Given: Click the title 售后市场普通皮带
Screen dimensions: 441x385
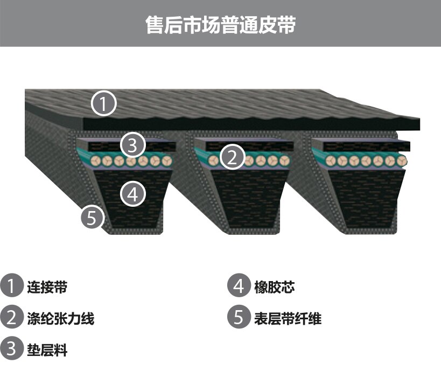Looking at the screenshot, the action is pyautogui.click(x=221, y=25).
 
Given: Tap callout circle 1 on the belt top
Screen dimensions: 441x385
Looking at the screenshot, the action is pyautogui.click(x=104, y=103).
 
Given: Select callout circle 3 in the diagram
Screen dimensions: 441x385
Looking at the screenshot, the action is pyautogui.click(x=132, y=145).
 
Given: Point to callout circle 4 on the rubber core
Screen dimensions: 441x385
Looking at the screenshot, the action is pyautogui.click(x=133, y=194).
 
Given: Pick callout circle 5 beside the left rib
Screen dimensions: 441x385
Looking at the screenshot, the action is pyautogui.click(x=93, y=218).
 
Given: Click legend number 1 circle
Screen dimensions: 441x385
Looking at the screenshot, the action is pyautogui.click(x=11, y=285).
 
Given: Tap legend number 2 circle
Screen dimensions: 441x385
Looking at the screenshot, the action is pyautogui.click(x=11, y=317).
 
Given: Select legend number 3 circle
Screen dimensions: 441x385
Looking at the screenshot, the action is pyautogui.click(x=11, y=348).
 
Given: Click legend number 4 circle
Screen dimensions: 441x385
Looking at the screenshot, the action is pyautogui.click(x=239, y=285).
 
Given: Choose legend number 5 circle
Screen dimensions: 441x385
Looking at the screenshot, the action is pyautogui.click(x=239, y=317).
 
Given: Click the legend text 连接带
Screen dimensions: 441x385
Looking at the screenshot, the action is pyautogui.click(x=47, y=287).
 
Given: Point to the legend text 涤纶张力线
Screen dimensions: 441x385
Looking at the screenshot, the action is pyautogui.click(x=60, y=319).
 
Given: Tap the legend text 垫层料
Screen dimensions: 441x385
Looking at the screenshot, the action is pyautogui.click(x=47, y=351).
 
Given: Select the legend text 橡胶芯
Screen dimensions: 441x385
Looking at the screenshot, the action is pyautogui.click(x=275, y=287).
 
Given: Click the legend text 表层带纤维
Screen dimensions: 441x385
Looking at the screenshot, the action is pyautogui.click(x=288, y=319).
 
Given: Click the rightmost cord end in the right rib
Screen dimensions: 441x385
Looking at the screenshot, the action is pyautogui.click(x=402, y=160).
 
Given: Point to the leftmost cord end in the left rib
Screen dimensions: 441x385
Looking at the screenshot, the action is pyautogui.click(x=96, y=161).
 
